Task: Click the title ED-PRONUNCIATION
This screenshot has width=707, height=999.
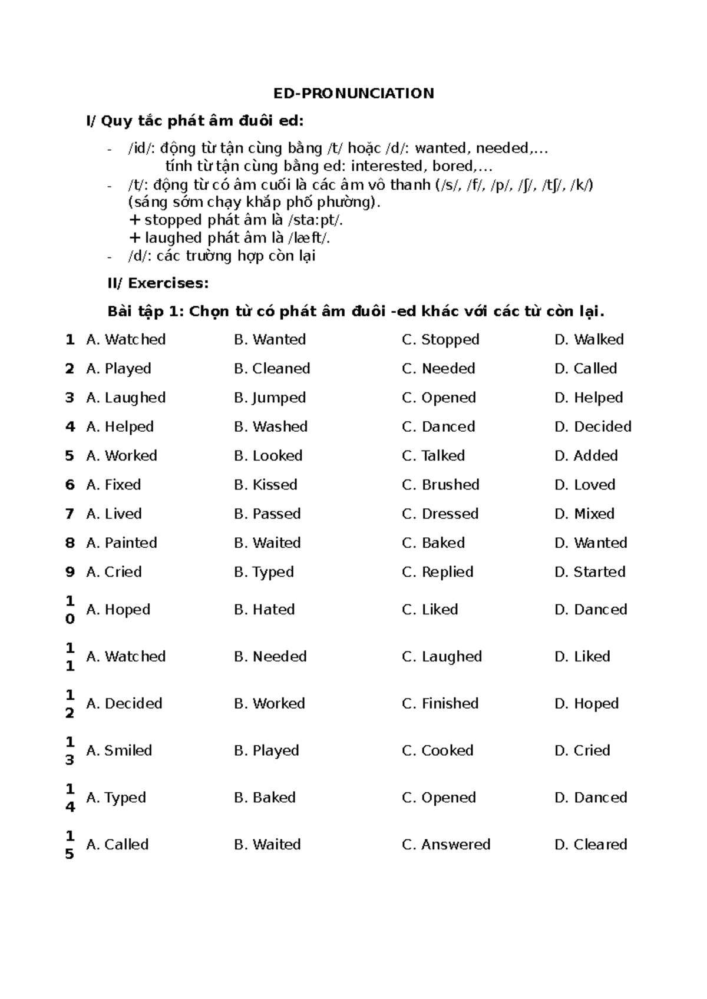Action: [353, 94]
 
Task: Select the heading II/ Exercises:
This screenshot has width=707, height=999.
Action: [158, 283]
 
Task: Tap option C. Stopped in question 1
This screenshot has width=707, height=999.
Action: [440, 340]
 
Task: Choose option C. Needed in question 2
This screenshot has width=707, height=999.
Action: [438, 369]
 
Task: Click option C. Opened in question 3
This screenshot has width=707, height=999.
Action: [438, 398]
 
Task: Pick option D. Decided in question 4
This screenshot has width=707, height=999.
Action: [593, 426]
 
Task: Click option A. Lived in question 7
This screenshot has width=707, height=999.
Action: [114, 514]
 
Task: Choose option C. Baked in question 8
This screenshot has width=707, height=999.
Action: [433, 542]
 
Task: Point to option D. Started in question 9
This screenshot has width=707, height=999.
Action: [590, 572]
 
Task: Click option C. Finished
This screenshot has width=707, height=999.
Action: [440, 703]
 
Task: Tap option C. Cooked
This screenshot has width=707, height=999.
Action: [437, 750]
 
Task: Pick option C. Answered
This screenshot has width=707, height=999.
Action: [446, 845]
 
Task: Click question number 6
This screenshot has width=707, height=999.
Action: [70, 485]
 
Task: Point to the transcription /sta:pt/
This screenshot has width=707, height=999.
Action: [315, 220]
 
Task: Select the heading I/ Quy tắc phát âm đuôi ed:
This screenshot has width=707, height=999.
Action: [195, 121]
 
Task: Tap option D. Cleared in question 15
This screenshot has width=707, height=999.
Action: [590, 845]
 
